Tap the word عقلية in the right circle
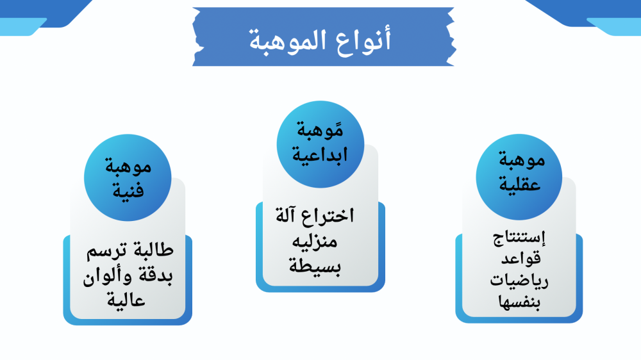click(520, 183)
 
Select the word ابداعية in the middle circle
click(320, 155)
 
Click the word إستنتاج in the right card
click(519, 238)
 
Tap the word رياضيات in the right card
click(519, 281)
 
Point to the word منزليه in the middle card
click(315, 241)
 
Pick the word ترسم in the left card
click(106, 250)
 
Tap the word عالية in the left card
click(126, 300)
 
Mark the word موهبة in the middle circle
click(320, 130)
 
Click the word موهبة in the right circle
click(522, 160)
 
